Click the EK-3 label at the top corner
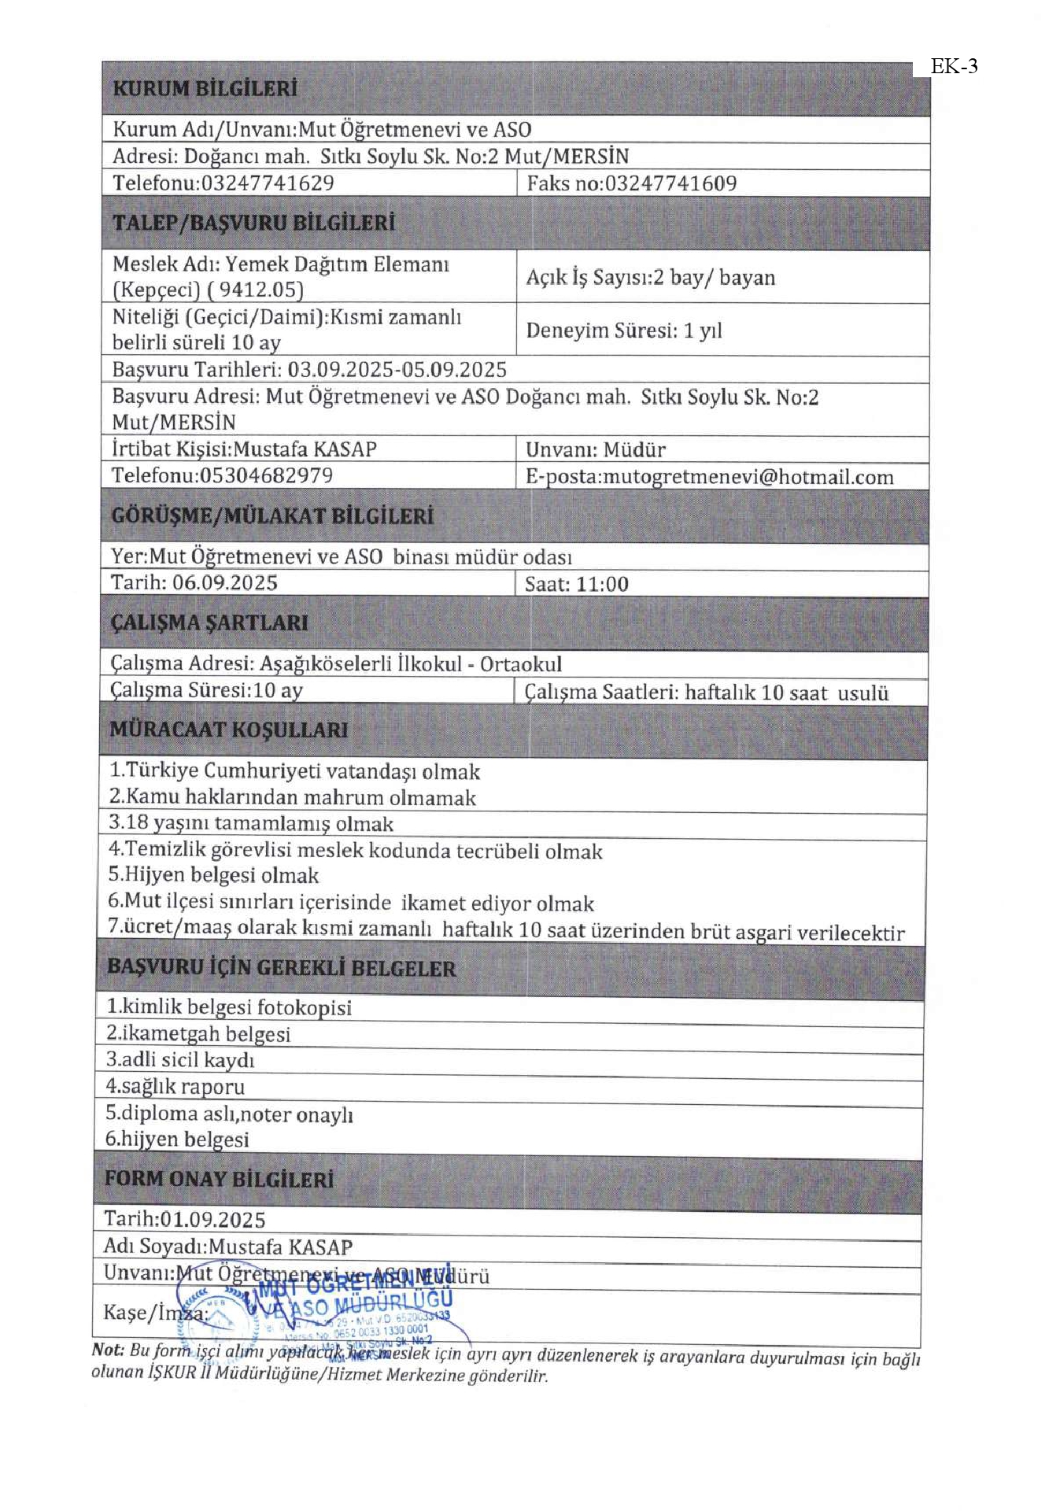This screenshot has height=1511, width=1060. click(x=954, y=67)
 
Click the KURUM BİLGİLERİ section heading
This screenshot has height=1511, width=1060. click(x=205, y=88)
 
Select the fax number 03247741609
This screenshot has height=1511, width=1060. click(x=670, y=183)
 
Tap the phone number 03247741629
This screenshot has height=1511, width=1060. click(x=268, y=183)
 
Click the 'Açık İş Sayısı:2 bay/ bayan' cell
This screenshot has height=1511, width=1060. click(x=650, y=277)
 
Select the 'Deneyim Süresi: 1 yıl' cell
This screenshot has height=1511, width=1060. click(x=623, y=331)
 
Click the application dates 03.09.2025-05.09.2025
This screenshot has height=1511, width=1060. click(x=397, y=370)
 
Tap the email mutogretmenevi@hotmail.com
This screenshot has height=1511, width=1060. click(x=748, y=477)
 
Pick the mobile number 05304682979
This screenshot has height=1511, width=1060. click(x=266, y=475)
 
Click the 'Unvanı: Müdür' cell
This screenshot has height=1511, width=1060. click(x=595, y=450)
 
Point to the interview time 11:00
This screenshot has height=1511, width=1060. click(x=602, y=584)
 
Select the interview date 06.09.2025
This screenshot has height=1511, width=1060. click(x=225, y=582)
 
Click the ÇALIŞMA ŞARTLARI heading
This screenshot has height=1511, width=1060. click(x=209, y=623)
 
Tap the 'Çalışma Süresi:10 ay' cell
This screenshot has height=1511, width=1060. click(x=206, y=690)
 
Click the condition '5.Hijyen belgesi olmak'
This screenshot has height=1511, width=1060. click(x=213, y=875)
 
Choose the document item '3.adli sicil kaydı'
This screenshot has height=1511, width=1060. click(x=180, y=1060)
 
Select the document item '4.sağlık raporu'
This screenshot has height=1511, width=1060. click(x=175, y=1087)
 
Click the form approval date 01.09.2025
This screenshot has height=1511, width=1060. click(x=212, y=1220)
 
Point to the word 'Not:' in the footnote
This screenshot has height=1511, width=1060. click(x=108, y=1349)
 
